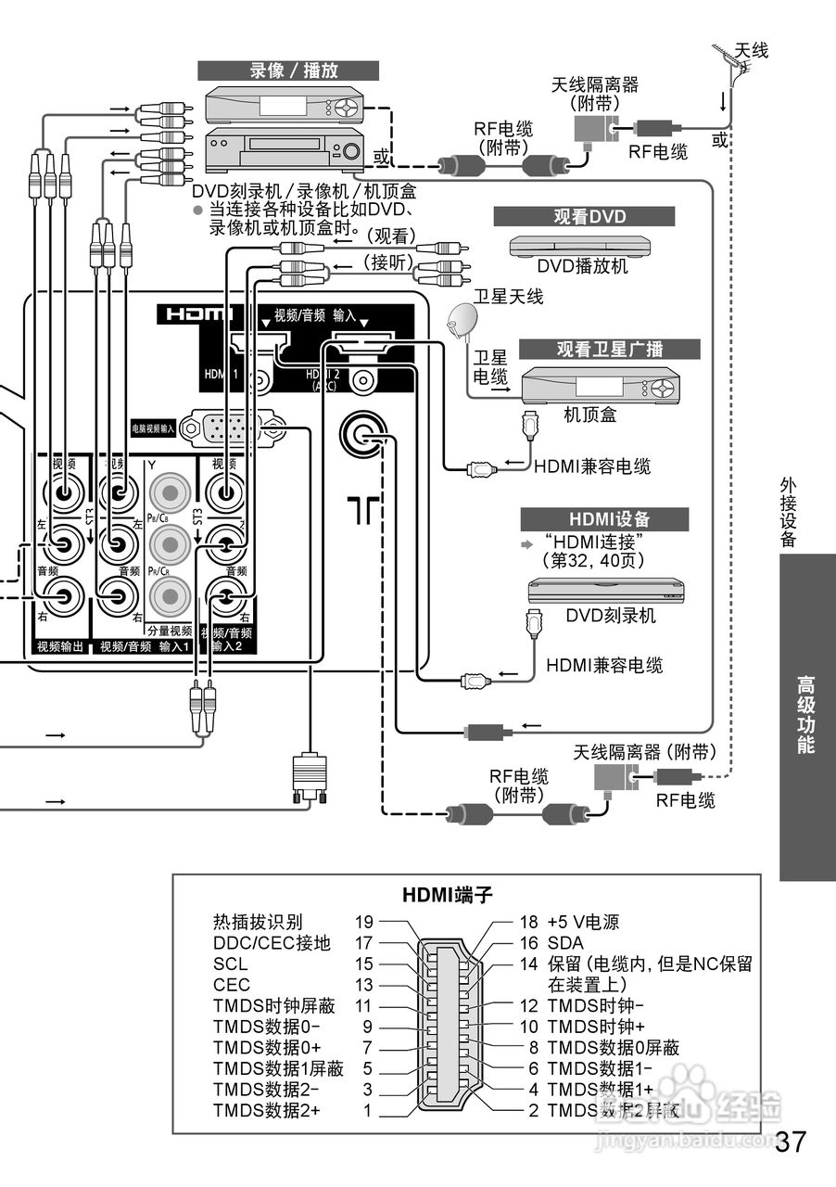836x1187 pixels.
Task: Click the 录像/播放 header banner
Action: [x=287, y=71]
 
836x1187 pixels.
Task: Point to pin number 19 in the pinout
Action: [x=363, y=923]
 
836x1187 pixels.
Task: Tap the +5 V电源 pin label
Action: [x=583, y=923]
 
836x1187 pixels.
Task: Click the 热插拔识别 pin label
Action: [x=258, y=923]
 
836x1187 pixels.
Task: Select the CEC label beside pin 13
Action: [x=232, y=985]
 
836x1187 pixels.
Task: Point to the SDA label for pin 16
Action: [x=565, y=943]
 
